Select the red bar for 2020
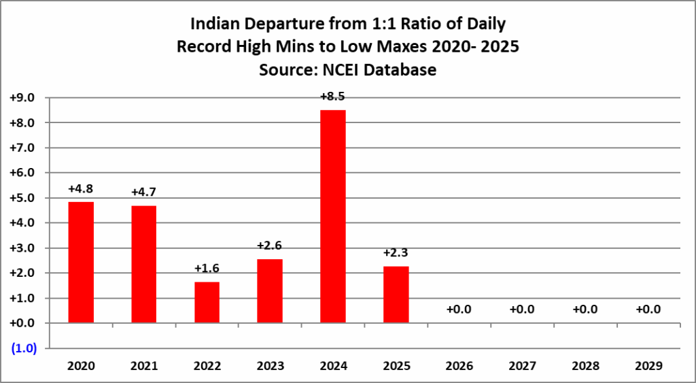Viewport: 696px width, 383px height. (81, 263)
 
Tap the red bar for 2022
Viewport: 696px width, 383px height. (207, 302)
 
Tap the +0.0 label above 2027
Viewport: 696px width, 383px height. (522, 310)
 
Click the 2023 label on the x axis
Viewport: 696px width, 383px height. (270, 366)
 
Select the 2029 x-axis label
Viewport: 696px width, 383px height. (648, 366)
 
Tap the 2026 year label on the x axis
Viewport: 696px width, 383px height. (459, 366)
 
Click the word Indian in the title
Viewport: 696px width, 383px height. (217, 25)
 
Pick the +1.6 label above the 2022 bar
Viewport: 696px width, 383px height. (207, 269)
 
